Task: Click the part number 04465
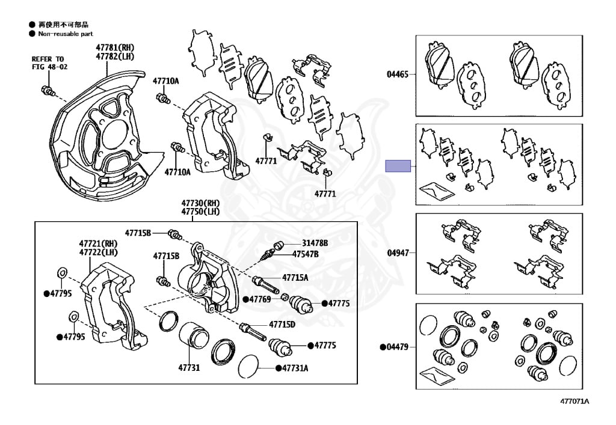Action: click(x=397, y=75)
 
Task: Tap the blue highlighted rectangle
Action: click(x=398, y=165)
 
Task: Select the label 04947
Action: click(x=397, y=253)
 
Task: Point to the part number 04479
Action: click(x=397, y=347)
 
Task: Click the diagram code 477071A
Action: click(x=574, y=401)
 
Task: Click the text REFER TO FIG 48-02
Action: click(x=50, y=63)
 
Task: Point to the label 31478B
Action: click(x=315, y=243)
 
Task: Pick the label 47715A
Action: click(x=295, y=277)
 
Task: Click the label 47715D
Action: click(x=282, y=325)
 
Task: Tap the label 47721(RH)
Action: click(x=98, y=243)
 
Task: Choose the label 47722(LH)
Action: click(x=98, y=252)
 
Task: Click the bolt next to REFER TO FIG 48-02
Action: click(x=48, y=91)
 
